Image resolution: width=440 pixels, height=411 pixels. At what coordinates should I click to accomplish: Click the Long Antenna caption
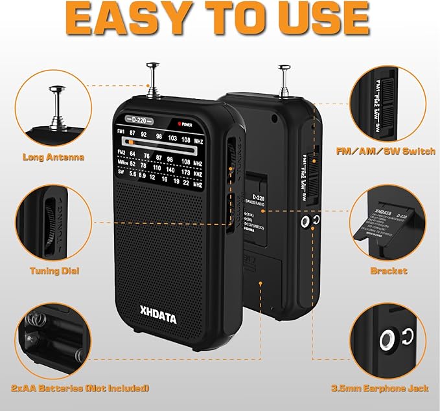53,157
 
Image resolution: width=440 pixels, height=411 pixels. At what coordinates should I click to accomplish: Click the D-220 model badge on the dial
139,120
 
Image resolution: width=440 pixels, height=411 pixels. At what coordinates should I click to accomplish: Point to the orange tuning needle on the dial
130,141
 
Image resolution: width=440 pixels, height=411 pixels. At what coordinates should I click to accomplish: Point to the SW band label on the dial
120,173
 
